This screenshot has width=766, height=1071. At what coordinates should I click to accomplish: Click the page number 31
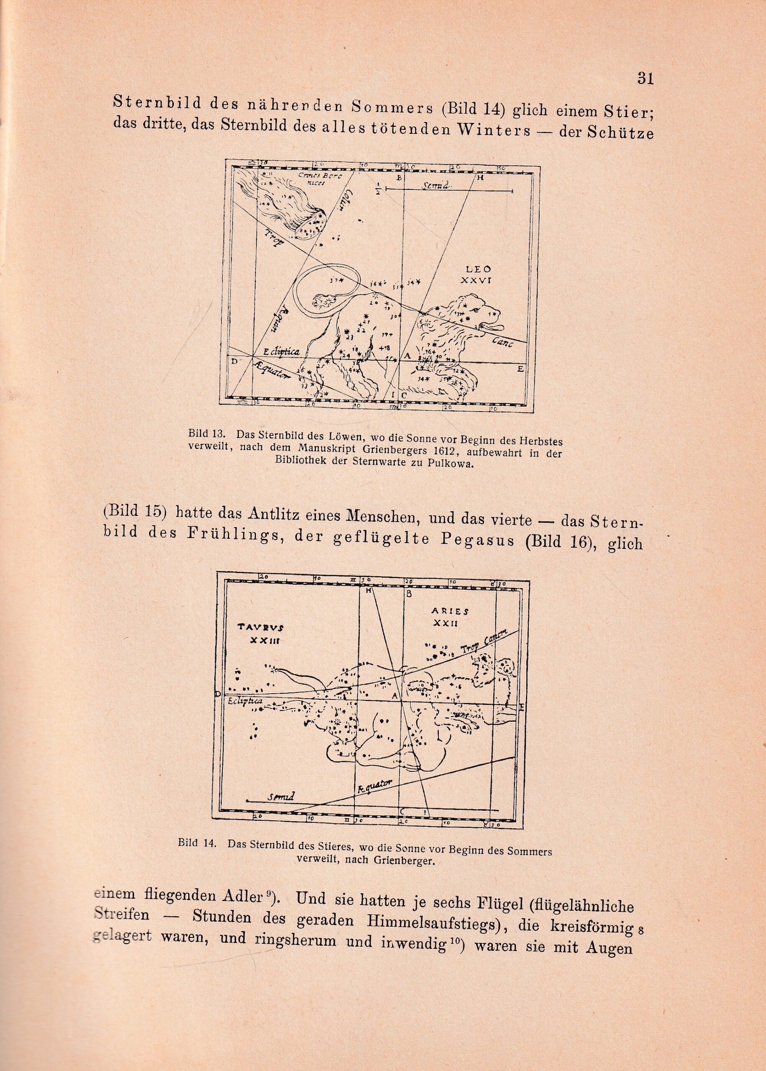point(645,78)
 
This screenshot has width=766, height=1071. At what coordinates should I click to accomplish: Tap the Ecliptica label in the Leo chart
point(282,352)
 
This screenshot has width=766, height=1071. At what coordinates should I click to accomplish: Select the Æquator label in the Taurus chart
point(374,785)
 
